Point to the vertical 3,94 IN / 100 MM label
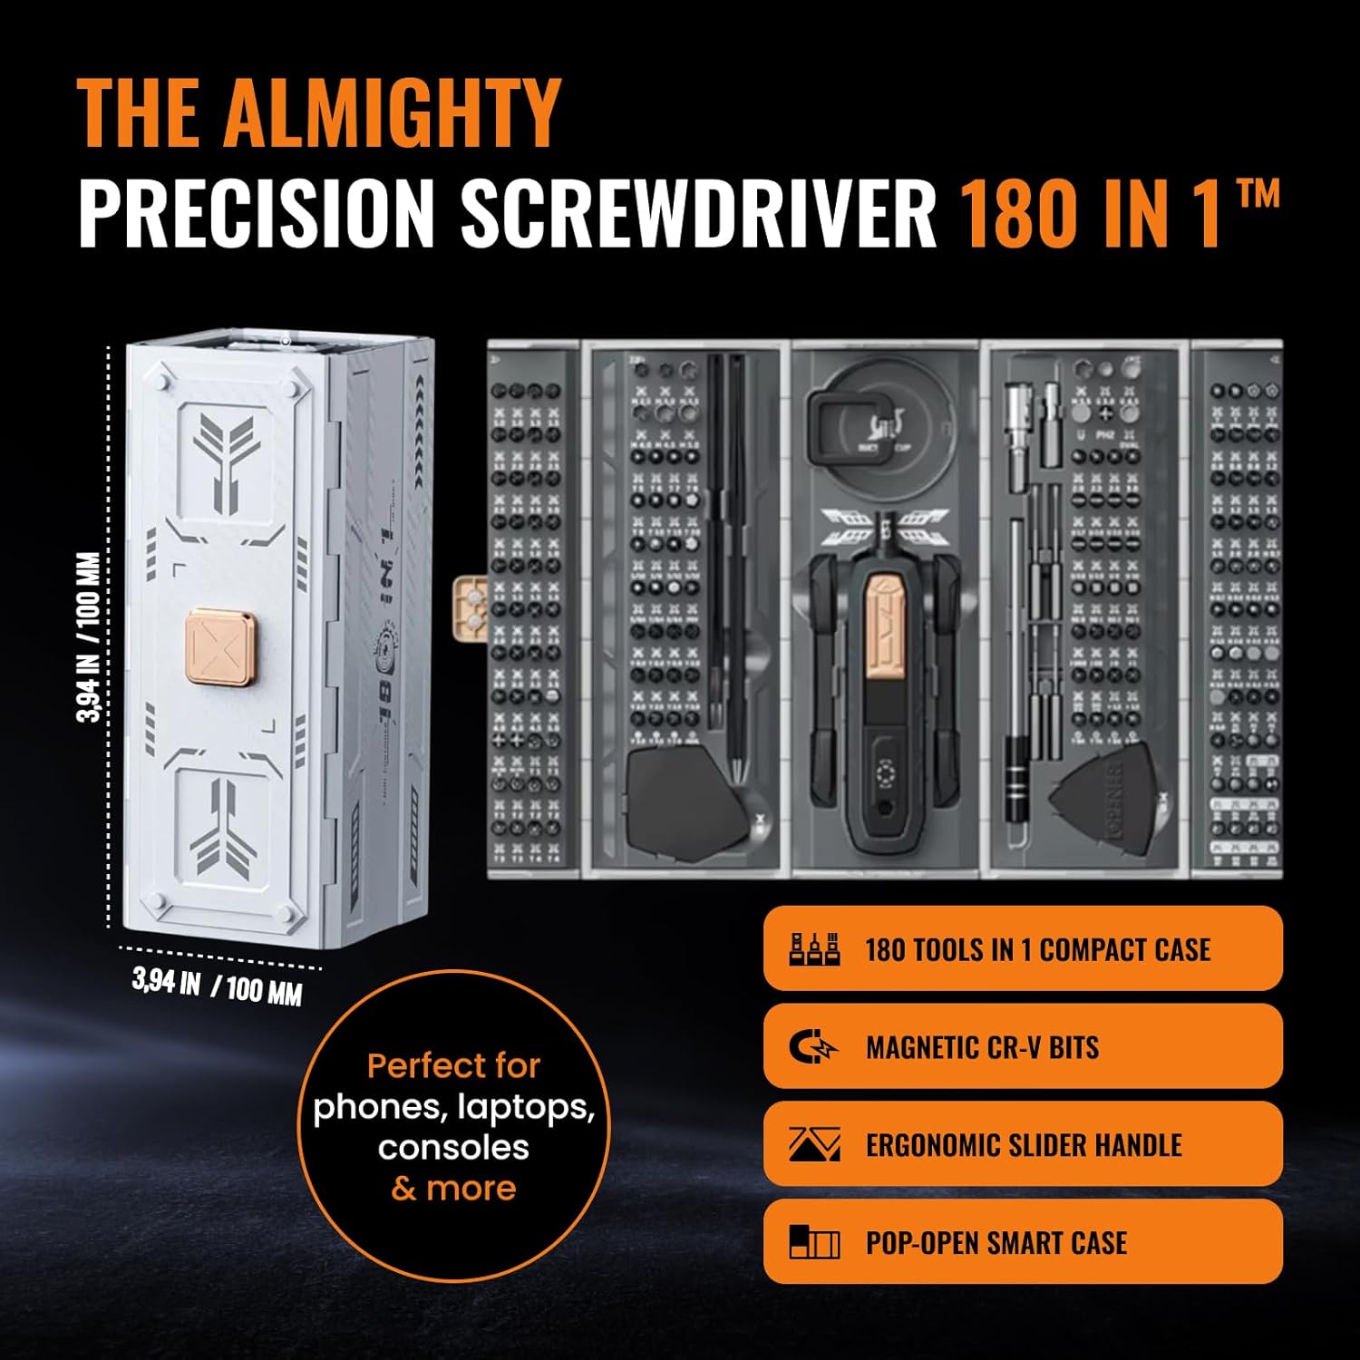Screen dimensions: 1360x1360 [90, 636]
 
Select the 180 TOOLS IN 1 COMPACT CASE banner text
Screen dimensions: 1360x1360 [1037, 949]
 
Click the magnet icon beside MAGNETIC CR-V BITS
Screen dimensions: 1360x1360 [813, 1047]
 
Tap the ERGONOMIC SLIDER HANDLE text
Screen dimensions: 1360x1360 [1024, 1145]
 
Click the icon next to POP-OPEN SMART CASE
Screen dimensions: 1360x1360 [813, 1242]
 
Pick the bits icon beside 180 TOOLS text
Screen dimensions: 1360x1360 [813, 948]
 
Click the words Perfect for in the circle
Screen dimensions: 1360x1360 [453, 1065]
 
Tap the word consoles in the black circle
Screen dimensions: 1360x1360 [453, 1147]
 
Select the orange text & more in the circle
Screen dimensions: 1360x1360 [453, 1188]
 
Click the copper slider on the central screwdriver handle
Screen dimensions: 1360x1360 [884, 625]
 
